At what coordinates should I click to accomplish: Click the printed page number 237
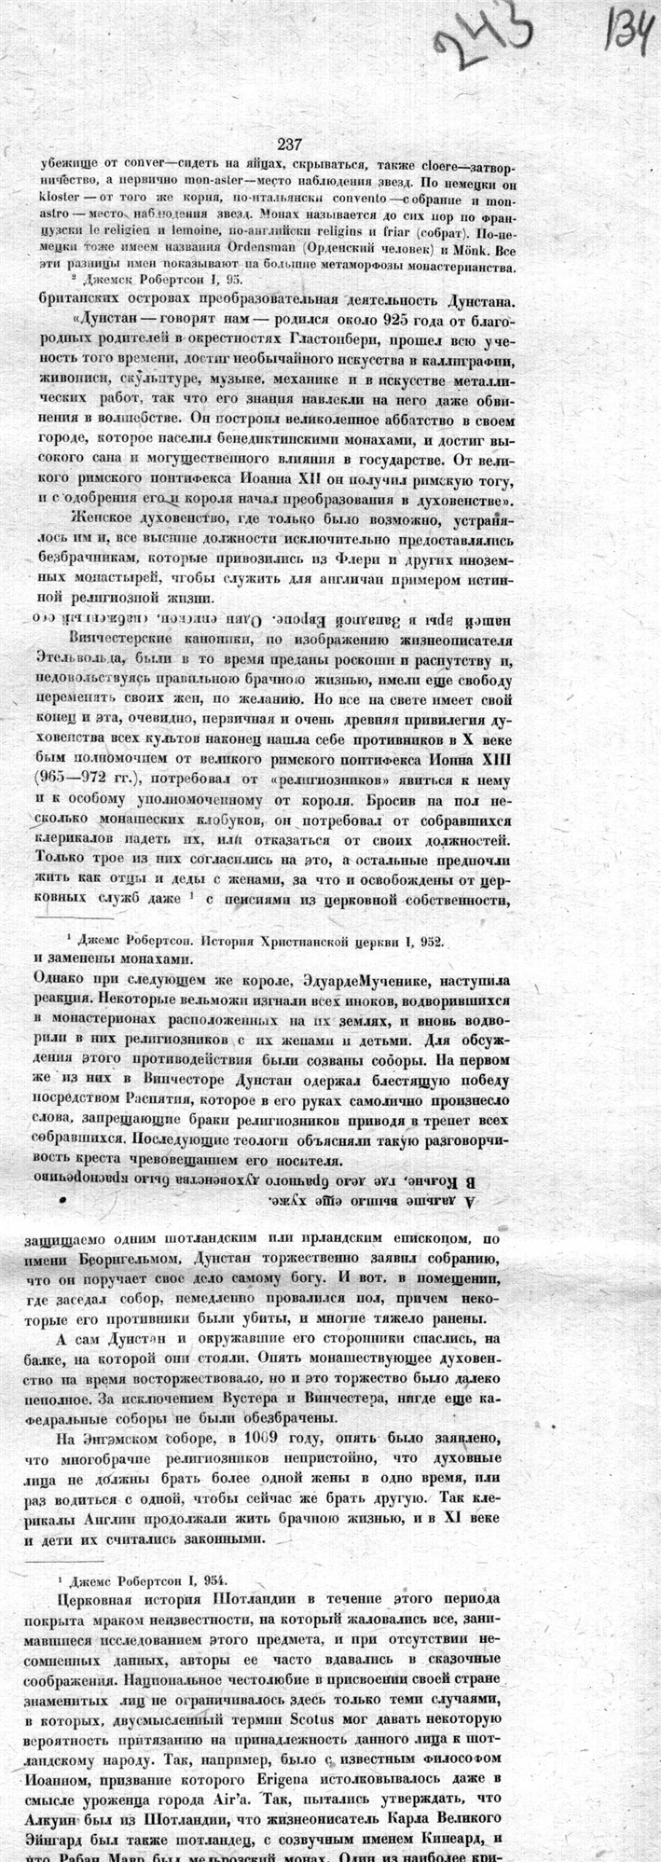coord(289,144)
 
